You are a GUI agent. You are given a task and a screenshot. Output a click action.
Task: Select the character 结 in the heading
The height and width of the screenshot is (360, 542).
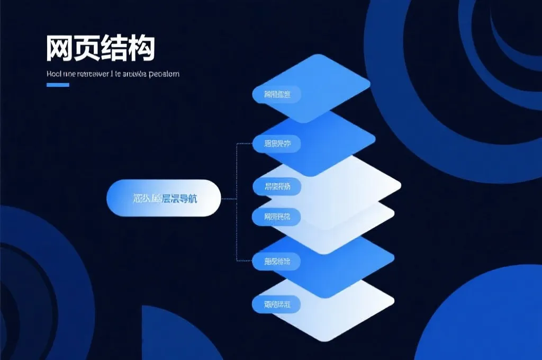(x=115, y=49)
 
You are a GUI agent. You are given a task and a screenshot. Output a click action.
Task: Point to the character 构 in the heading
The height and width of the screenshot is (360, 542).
(x=142, y=49)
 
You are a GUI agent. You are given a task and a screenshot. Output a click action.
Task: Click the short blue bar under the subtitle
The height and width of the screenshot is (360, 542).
(x=58, y=85)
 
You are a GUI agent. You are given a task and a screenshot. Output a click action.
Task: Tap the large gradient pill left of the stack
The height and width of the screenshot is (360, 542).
(x=164, y=198)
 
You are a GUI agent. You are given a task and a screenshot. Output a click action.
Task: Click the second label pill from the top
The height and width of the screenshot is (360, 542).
(x=276, y=143)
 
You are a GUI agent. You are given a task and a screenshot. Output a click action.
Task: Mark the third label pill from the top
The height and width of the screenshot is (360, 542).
(x=276, y=186)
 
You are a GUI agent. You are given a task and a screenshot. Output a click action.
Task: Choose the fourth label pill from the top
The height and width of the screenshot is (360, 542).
(x=276, y=216)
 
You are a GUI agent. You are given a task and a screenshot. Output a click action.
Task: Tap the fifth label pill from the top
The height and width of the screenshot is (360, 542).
(x=276, y=260)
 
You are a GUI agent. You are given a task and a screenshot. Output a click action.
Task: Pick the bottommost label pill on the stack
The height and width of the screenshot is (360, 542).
(x=276, y=304)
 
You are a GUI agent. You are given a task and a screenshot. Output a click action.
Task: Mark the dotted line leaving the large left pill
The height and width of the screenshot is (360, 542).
(x=229, y=199)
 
